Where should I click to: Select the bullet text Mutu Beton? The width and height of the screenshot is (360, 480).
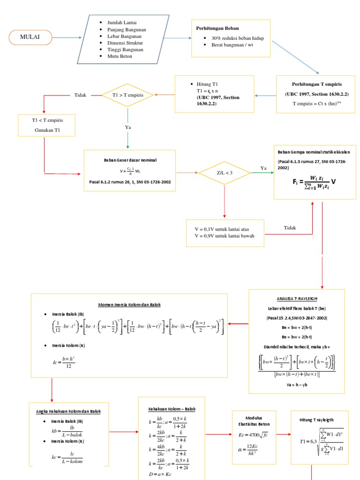pos(120,56)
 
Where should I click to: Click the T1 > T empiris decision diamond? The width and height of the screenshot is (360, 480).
pos(128,95)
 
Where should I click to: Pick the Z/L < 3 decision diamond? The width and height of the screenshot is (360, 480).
pos(225,173)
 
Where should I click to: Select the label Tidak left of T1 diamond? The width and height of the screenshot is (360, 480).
pos(81,95)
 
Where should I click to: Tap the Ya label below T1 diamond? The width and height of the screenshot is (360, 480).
pos(128,127)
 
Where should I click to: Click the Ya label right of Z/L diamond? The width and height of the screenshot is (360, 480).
pos(263,167)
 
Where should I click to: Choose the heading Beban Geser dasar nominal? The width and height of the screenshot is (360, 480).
pos(129,160)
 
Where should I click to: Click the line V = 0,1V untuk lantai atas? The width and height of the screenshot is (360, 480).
pos(222,229)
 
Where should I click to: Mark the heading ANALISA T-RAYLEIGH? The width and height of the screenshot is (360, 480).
pos(297,298)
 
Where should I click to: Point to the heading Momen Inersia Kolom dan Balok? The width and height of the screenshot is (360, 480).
pos(129,304)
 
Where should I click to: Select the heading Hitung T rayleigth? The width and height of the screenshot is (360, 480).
pos(316,420)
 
